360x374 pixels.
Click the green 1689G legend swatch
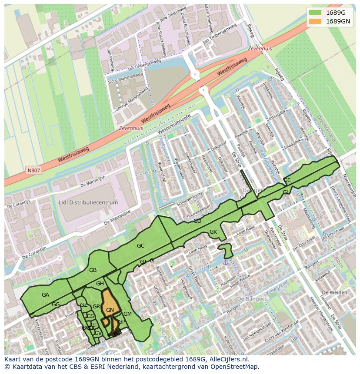[x=316, y=12]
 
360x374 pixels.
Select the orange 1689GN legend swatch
[x=316, y=21]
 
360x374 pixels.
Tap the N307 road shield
[x=33, y=170]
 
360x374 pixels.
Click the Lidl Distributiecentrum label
[x=88, y=202]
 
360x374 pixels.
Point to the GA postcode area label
[x=45, y=295]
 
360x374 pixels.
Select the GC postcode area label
[x=140, y=246]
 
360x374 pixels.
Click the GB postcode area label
[x=93, y=270]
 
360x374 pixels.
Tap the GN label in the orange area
[x=110, y=310]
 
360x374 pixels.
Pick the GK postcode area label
[x=213, y=232]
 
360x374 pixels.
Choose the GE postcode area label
[x=287, y=180]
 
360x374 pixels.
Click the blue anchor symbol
[x=225, y=261]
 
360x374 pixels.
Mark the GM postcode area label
[x=127, y=314]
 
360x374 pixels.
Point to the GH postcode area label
[x=100, y=284]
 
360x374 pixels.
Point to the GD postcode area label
[x=197, y=221]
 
